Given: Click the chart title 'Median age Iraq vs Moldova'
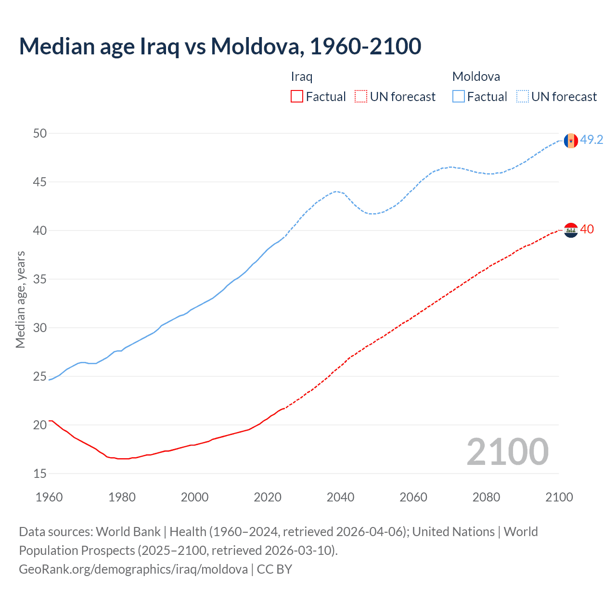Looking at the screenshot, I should (220, 46).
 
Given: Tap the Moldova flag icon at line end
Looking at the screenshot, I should (571, 141).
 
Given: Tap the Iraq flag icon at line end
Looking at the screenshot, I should (571, 231).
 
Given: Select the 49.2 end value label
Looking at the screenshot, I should (591, 140).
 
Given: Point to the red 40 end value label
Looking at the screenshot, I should (587, 230).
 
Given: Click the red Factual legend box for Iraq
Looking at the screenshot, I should (297, 97).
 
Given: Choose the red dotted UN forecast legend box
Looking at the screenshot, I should (361, 97).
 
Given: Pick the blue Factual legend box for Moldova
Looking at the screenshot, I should (459, 97).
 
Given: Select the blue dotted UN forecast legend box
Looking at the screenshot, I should (523, 97).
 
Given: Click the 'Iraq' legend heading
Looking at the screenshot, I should (302, 77).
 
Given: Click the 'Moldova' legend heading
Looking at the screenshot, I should (476, 77).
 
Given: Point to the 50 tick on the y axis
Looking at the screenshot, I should (40, 133).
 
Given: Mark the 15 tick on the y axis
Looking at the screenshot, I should (40, 474).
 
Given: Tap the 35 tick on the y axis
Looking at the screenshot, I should (40, 279).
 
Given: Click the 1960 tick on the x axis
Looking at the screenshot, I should (49, 497).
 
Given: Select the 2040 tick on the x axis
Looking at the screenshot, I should (340, 497).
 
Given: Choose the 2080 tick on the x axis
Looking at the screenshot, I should (486, 497).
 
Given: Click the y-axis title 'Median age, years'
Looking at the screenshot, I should (20, 299).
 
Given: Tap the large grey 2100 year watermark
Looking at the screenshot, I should (507, 451).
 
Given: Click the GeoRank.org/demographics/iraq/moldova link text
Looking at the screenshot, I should (133, 569).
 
